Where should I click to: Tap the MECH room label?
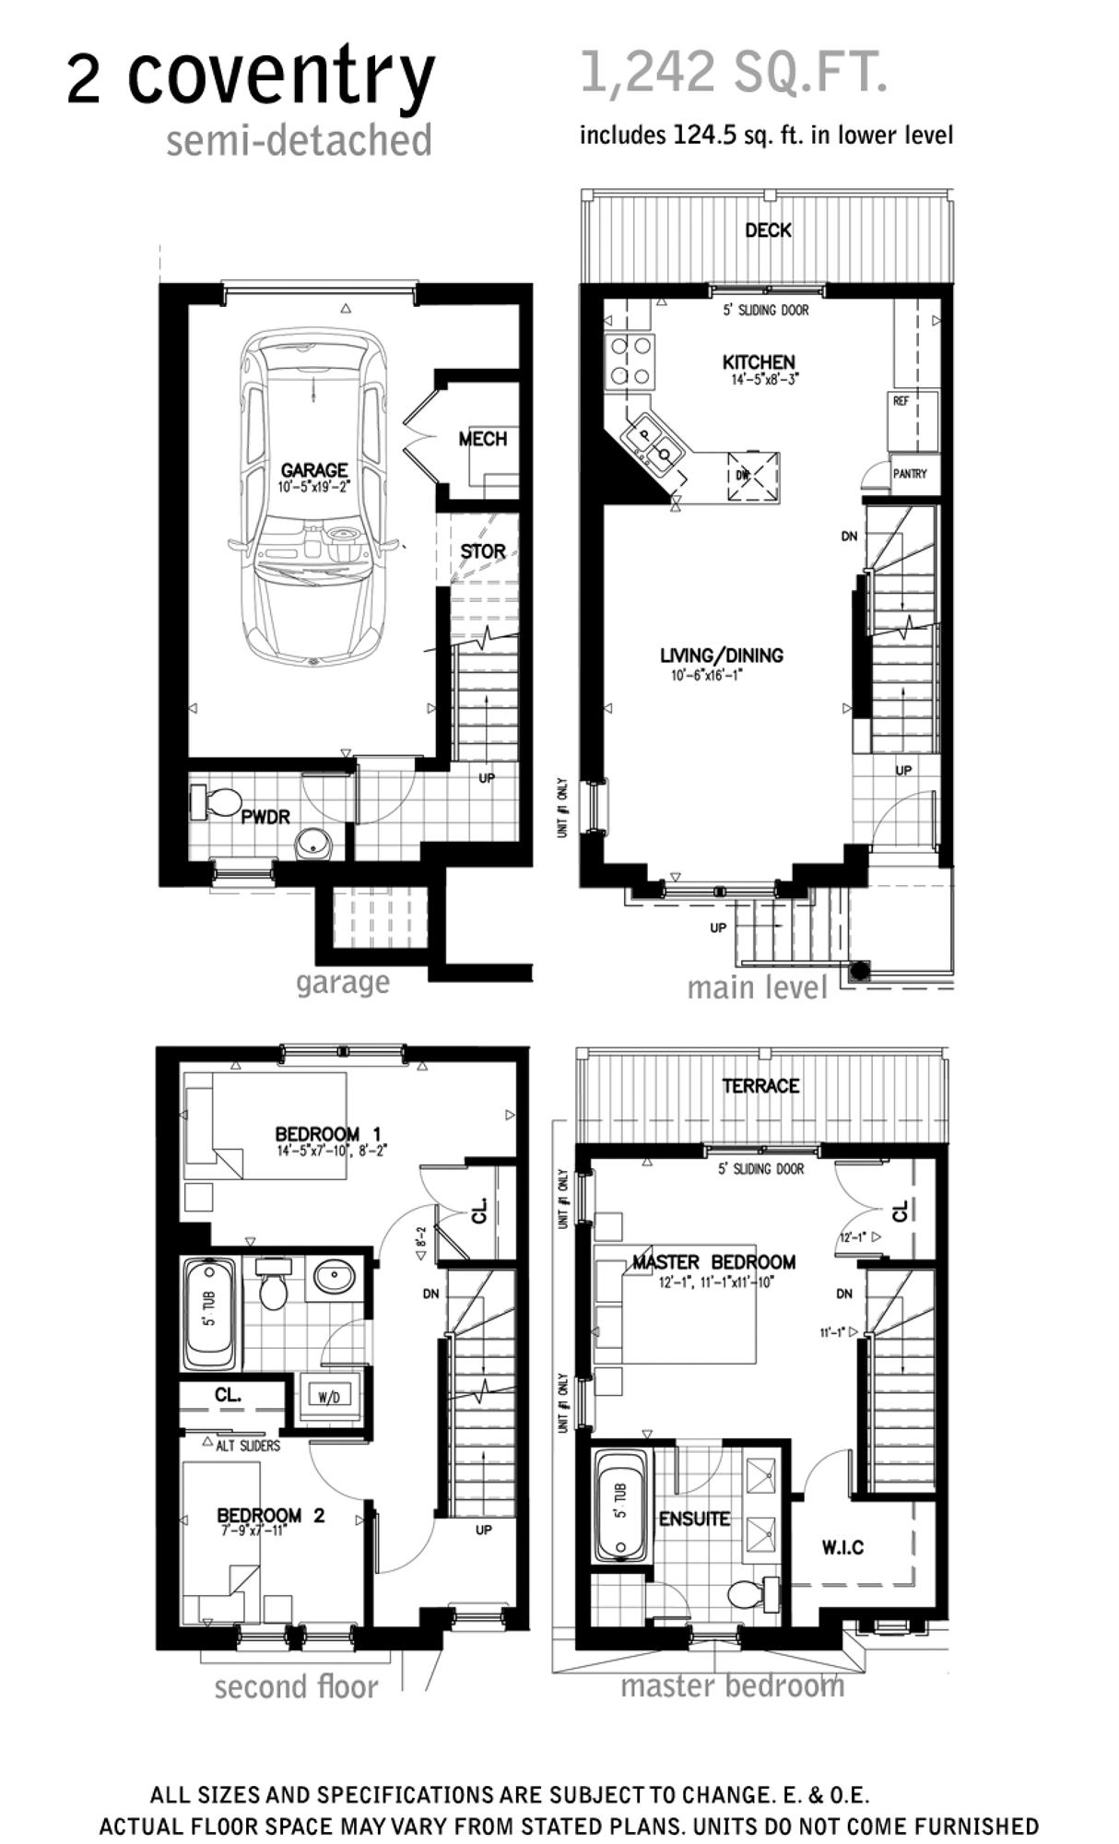pyautogui.click(x=483, y=439)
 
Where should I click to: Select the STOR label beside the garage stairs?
pyautogui.click(x=483, y=551)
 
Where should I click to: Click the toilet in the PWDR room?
pyautogui.click(x=215, y=801)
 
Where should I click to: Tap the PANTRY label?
pyautogui.click(x=910, y=473)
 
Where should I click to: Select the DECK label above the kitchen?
pyautogui.click(x=768, y=230)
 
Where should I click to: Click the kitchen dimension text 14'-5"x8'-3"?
pyautogui.click(x=760, y=378)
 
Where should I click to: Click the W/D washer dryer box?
pyautogui.click(x=329, y=1397)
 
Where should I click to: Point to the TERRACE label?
pyautogui.click(x=760, y=1086)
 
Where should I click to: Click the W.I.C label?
pyautogui.click(x=842, y=1547)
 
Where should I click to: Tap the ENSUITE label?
pyautogui.click(x=694, y=1519)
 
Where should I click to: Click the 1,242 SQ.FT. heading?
pyautogui.click(x=734, y=72)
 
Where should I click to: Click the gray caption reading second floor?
pyautogui.click(x=296, y=1687)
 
